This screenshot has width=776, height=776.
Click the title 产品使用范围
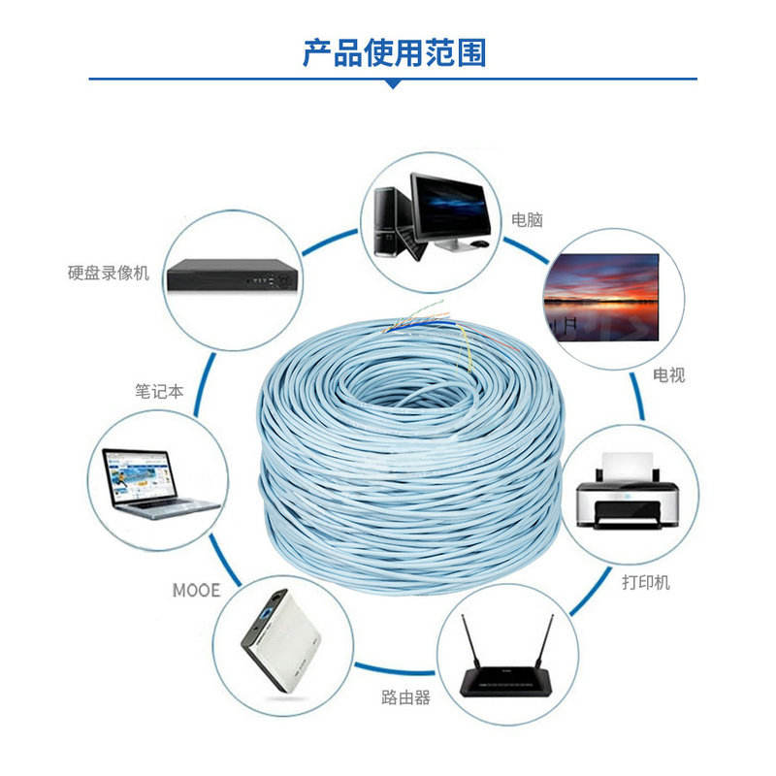[x=393, y=51]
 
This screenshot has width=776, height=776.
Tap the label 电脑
[x=527, y=220]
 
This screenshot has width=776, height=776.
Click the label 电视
[x=668, y=374]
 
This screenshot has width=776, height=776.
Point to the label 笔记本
[x=159, y=393]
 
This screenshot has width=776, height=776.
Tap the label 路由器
[x=405, y=696]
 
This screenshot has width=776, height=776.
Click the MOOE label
[x=197, y=590]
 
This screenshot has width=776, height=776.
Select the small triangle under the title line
[x=393, y=84]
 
